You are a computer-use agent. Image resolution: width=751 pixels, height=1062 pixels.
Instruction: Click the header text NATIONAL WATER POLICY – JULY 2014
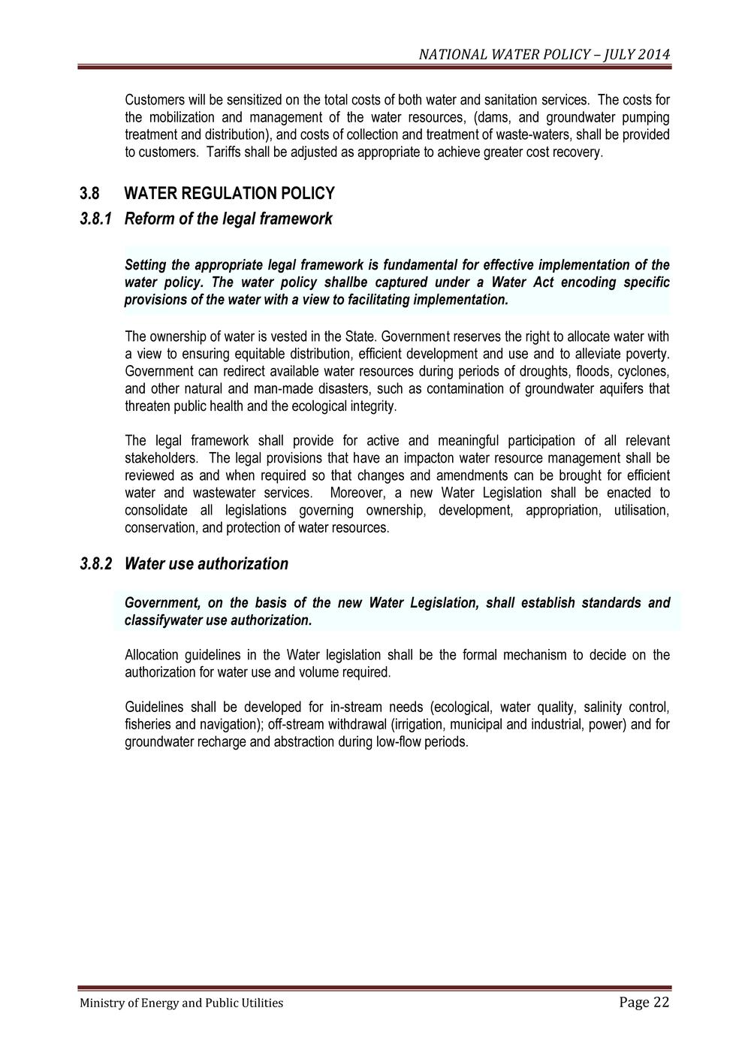544,55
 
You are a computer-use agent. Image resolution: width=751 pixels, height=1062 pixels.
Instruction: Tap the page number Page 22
644,1002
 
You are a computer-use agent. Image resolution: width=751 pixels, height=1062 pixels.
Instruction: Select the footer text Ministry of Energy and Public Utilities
182,1003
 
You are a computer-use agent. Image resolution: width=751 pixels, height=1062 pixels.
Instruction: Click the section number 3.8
89,194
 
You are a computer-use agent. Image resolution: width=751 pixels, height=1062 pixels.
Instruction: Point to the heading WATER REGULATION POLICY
229,194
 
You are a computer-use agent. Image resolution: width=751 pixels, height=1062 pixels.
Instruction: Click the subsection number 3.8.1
95,219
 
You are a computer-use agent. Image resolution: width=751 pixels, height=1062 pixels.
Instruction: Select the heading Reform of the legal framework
228,219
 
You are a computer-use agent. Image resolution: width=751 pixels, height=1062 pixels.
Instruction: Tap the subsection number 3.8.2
95,563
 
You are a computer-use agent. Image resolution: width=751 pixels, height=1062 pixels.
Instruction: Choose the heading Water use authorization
207,563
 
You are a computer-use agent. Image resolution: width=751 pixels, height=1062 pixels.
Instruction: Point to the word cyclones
644,372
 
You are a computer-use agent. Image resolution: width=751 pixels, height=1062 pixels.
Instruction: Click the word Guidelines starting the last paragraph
154,707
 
